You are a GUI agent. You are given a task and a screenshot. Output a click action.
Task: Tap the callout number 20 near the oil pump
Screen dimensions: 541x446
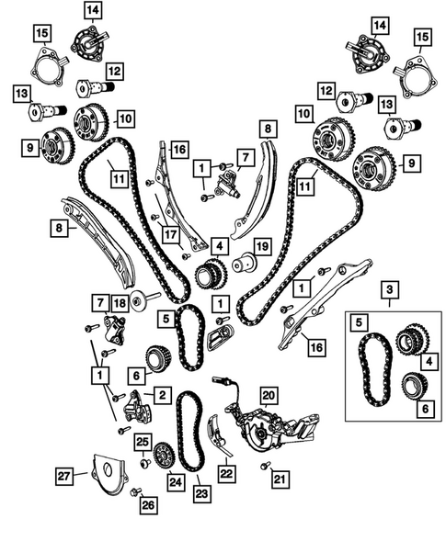point(268,395)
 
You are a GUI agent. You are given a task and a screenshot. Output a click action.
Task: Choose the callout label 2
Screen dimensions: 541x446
point(161,395)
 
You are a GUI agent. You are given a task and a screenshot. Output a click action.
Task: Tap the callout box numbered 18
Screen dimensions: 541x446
point(120,303)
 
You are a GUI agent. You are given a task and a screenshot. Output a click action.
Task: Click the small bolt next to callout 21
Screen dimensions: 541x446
point(265,467)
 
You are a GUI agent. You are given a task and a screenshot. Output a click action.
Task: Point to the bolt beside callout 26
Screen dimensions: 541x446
point(135,492)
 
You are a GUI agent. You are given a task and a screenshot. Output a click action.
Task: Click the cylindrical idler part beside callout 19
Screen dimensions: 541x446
point(243,263)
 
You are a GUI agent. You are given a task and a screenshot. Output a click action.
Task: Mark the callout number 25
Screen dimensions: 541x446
point(143,442)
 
